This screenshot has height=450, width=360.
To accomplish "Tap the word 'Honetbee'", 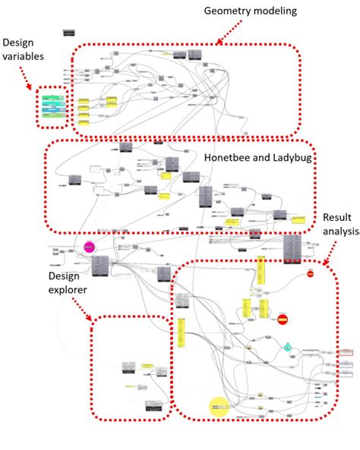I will pyautogui.click(x=226, y=157).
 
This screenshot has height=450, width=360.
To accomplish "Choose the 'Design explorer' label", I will pyautogui.click(x=68, y=282).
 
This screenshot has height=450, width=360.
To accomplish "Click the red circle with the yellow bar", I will pyautogui.click(x=283, y=319).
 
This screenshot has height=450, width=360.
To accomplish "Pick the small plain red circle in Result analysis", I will pyautogui.click(x=310, y=273).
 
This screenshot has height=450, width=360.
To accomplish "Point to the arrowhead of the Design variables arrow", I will pyautogui.click(x=38, y=85).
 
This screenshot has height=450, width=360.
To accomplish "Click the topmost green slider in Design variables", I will pyautogui.click(x=53, y=99).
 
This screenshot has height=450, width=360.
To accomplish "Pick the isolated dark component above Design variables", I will pyautogui.click(x=70, y=33).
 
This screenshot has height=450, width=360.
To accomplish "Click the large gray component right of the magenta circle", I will pyautogui.click(x=101, y=266).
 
